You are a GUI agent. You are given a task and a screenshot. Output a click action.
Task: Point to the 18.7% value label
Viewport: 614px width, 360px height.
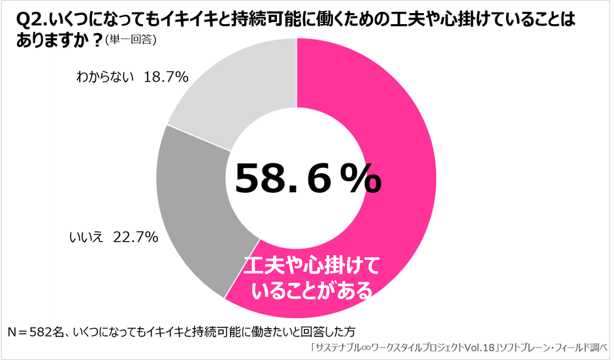[167, 77]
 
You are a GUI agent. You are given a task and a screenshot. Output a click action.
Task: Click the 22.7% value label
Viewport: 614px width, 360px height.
[136, 237]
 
